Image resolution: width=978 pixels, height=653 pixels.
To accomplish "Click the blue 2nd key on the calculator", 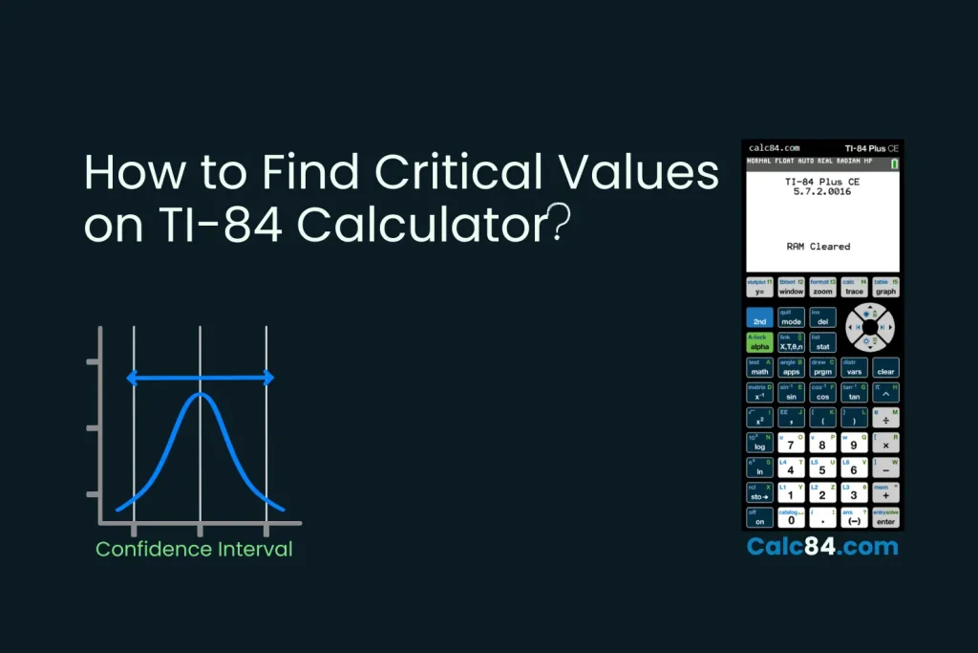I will click(x=759, y=318).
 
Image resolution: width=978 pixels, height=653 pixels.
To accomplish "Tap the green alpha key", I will click(x=759, y=343).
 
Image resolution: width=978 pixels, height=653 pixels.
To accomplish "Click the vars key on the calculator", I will click(x=854, y=368).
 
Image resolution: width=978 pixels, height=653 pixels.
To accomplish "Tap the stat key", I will click(x=822, y=343).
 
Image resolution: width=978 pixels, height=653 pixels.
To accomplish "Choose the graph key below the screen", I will click(x=885, y=289).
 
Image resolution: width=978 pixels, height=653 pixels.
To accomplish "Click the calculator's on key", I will click(x=759, y=519).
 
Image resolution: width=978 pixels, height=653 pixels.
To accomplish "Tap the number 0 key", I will click(x=791, y=519).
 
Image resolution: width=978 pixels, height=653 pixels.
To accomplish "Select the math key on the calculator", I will click(x=759, y=368).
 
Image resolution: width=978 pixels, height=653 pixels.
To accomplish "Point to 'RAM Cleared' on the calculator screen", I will click(x=819, y=246).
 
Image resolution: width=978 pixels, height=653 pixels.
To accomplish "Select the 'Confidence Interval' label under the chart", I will click(x=194, y=550).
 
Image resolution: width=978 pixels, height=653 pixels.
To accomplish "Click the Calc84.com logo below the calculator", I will click(x=822, y=547).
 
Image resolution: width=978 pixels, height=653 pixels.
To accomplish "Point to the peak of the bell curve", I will click(x=200, y=393).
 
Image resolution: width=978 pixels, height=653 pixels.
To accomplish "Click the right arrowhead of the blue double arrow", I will click(x=269, y=378).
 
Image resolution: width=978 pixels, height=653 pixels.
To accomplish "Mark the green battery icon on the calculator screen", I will click(x=895, y=164).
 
